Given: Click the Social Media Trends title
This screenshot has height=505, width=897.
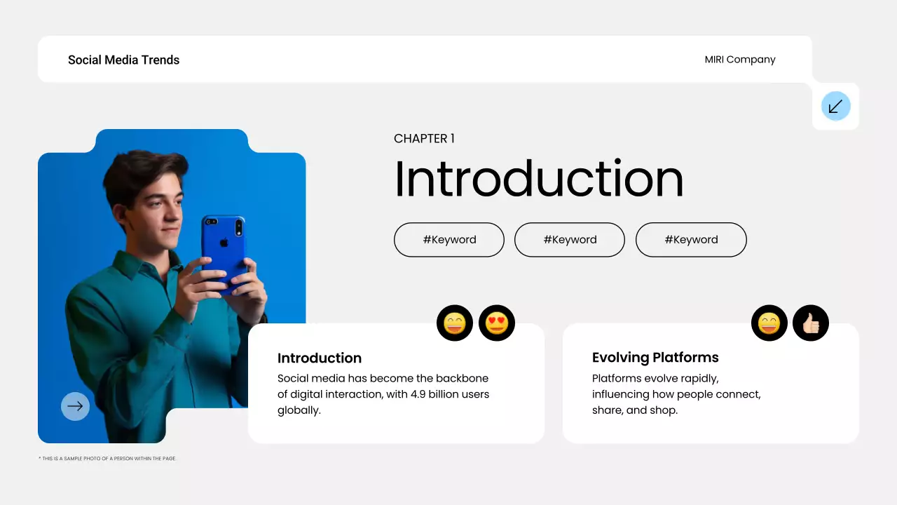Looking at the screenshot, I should [x=123, y=60].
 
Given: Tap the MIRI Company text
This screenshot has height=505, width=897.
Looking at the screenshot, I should [x=740, y=60].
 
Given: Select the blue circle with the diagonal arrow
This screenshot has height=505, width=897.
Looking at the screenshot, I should [x=835, y=107].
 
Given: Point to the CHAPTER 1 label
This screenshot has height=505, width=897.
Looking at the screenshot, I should [x=424, y=139].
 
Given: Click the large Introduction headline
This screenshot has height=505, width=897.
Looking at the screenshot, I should [x=538, y=180].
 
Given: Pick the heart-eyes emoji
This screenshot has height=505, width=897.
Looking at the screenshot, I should [x=497, y=323].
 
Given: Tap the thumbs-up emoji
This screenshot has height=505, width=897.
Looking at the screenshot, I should [x=811, y=323].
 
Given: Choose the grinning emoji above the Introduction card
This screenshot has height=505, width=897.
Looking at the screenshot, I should [x=455, y=323].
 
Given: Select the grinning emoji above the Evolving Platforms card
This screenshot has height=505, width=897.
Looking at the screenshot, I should [x=769, y=323].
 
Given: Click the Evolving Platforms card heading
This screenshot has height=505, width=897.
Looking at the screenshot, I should [x=655, y=358].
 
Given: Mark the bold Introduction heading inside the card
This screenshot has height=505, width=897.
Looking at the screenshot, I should [x=320, y=358].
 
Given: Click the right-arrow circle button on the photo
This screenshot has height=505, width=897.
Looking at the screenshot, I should [x=75, y=406].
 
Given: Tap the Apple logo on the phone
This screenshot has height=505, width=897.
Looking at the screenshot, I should [x=224, y=242].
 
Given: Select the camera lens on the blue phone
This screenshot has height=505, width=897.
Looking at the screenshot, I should [x=238, y=226].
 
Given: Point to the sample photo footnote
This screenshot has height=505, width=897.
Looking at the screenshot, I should [x=107, y=459].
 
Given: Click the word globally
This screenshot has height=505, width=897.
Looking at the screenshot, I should [x=299, y=410].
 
